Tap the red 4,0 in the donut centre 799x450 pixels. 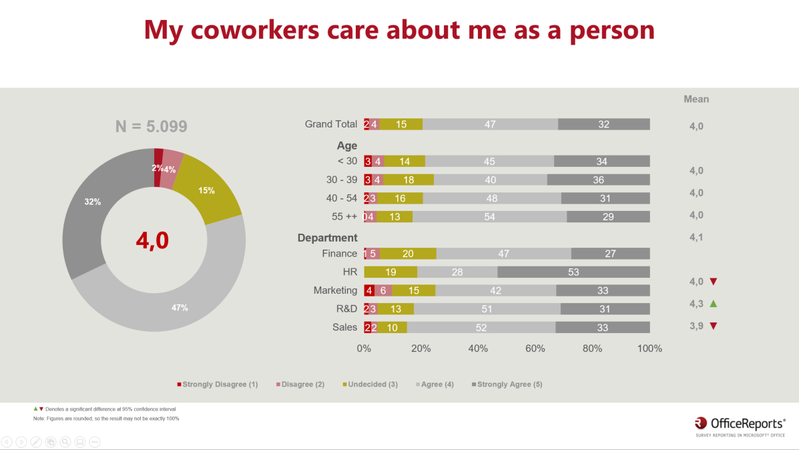coord(152,241)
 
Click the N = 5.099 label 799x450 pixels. coord(152,126)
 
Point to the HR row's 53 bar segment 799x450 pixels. coord(573,272)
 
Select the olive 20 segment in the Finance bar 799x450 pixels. coord(408,254)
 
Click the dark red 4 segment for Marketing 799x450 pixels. coord(369,290)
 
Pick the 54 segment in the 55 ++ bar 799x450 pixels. coord(489,216)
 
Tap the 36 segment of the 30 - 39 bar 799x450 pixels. coord(598,180)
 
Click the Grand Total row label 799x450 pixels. coord(331,124)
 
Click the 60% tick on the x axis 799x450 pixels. coord(535,349)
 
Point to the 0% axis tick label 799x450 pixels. coord(364,349)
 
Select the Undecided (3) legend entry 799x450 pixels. coord(370,385)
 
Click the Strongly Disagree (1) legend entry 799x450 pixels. coord(218,385)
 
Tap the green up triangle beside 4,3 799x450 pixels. coord(713,304)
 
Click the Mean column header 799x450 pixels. coord(696,99)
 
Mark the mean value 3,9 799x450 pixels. coord(696,326)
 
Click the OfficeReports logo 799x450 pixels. coord(740,425)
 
